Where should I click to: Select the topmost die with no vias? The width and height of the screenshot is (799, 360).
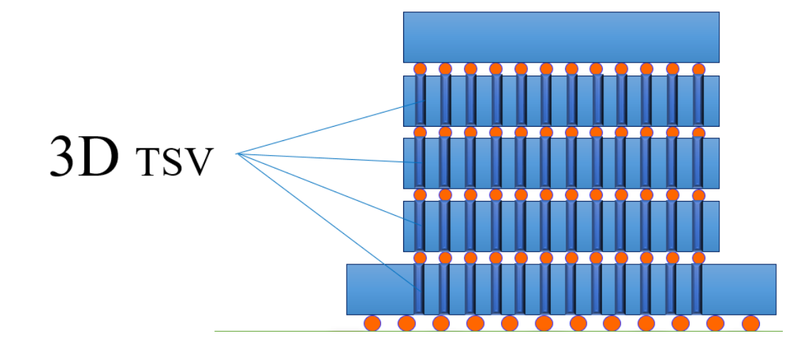(561, 37)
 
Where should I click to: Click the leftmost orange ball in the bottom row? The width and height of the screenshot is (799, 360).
(372, 324)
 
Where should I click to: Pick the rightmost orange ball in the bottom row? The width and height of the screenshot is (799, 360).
(750, 324)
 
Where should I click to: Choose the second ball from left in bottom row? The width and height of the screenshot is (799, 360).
(407, 324)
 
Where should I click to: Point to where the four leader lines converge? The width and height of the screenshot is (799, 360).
(237, 154)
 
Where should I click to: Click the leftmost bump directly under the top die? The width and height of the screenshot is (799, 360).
(420, 69)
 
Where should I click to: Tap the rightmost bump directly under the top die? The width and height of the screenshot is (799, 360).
(699, 69)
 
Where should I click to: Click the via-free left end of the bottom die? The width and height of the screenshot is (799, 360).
(378, 289)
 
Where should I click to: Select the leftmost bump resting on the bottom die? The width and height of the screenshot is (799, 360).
(420, 258)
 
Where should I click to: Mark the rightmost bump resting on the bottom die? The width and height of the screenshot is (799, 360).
(699, 258)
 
